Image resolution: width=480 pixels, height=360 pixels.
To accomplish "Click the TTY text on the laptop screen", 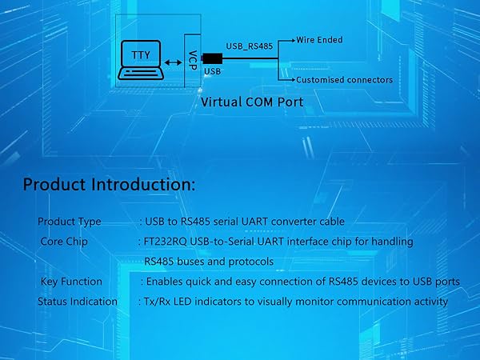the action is pos(141,55).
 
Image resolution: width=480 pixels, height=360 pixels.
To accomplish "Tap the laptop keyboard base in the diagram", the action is pos(141,74).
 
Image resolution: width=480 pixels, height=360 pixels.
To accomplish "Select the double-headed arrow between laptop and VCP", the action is pos(174,62).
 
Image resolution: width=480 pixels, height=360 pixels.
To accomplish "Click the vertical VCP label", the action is pos(193,60).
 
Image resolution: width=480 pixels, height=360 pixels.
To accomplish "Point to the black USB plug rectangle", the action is pos(213,58).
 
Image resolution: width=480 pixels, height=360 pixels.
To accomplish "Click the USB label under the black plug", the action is pos(212,71).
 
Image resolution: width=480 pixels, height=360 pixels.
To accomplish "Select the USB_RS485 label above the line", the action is pos(249,46).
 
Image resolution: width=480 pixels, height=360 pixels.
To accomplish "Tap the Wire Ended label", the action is pos(319,40).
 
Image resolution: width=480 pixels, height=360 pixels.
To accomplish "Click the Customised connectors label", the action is pos(344,80).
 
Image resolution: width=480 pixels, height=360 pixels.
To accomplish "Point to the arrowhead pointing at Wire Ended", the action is pos(294,40).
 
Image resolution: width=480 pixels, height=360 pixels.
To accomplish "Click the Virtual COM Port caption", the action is pos(252,102).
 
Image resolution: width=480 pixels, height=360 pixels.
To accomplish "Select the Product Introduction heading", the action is pos(109,185).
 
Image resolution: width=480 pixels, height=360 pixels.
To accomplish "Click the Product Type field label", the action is pos(70,222).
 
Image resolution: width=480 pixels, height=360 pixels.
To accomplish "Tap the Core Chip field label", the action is pos(64,242).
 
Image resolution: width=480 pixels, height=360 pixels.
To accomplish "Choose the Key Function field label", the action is pos(71,282).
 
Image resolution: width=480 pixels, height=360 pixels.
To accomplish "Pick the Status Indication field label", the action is pos(78,302).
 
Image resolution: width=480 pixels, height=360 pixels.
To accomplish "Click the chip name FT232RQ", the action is pos(166,242).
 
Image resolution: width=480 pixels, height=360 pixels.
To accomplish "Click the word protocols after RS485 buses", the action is pos(251,262).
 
